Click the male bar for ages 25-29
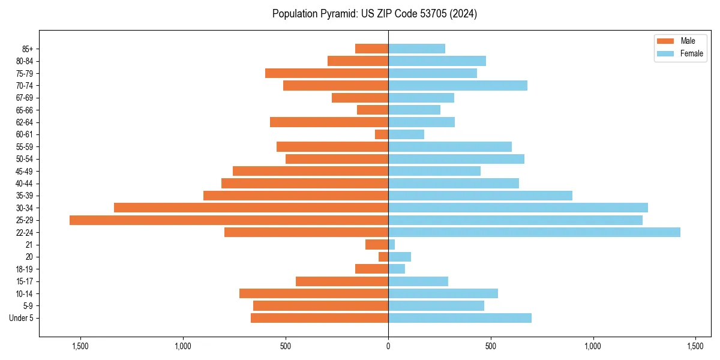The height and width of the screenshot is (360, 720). pos(229,220)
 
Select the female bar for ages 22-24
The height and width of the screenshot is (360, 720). pos(534,232)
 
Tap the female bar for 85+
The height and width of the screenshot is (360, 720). pos(416,49)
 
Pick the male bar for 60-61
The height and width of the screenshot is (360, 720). pos(382,134)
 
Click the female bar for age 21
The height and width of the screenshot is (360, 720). pos(391,245)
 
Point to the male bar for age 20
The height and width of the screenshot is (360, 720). pos(383,257)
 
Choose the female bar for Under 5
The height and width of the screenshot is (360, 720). pos(460,318)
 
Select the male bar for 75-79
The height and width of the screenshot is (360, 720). pos(326,73)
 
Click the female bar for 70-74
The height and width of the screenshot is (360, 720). pos(458,85)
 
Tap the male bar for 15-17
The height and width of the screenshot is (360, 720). pos(342,281)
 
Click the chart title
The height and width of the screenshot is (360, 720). pos(374,14)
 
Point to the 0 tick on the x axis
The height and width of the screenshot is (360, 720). pos(388,346)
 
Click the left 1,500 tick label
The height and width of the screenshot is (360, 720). pos(80,346)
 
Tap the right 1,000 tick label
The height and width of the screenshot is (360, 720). pos(593,346)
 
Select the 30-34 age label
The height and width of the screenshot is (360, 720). pos(25,208)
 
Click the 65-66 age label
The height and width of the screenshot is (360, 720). pos(25,110)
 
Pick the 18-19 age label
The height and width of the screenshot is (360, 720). pos(25,269)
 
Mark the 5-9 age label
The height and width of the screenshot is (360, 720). pos(28,306)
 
